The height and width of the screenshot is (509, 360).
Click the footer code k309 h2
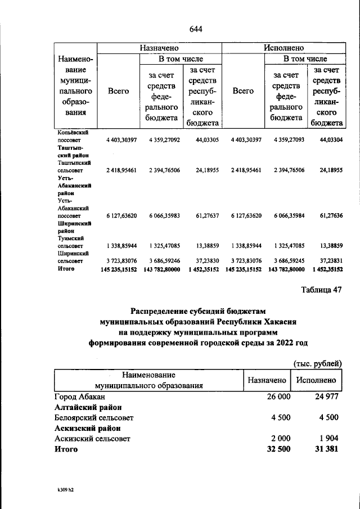pyautogui.click(x=62, y=490)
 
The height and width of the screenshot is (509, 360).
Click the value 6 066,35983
pyautogui.click(x=165, y=215)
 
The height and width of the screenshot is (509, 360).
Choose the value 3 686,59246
pyautogui.click(x=165, y=261)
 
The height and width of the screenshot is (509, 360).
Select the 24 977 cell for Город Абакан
pyautogui.click(x=324, y=397)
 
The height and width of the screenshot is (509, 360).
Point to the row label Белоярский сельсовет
pyautogui.click(x=94, y=417)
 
